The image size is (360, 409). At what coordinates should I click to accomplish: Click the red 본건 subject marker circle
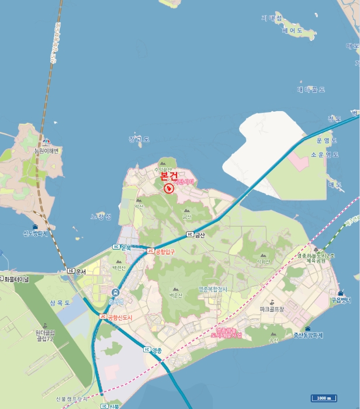point(169,188)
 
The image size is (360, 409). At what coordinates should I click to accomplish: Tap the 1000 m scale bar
point(323,398)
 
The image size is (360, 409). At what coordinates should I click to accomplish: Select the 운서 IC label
point(77,271)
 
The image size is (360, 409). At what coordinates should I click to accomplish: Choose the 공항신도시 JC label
point(118,317)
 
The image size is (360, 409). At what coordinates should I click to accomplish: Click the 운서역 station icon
point(115,292)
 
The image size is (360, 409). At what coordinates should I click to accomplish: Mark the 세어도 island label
point(290,30)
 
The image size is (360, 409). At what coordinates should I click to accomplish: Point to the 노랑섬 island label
point(100,216)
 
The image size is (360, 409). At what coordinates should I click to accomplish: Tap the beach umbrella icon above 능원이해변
point(46,141)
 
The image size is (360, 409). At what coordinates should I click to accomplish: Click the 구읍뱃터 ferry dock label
point(341,300)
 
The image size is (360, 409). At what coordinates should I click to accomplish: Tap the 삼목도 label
point(60,303)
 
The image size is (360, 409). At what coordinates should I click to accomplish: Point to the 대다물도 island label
point(310,89)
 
